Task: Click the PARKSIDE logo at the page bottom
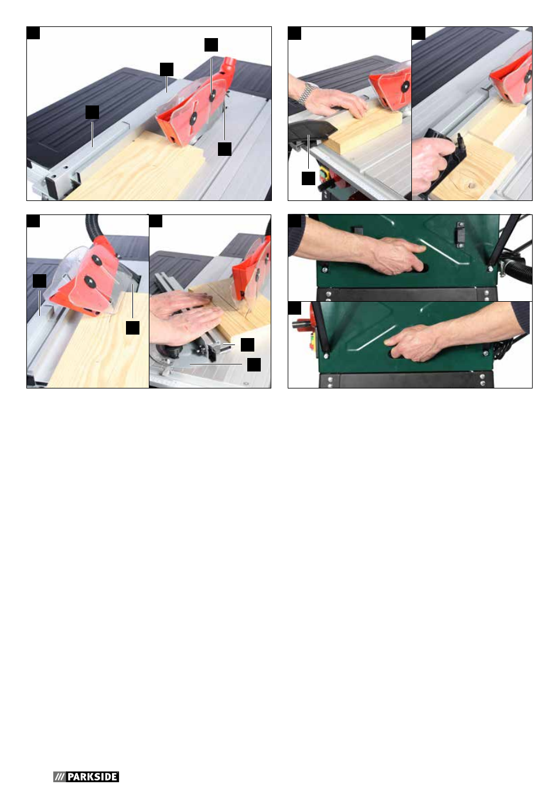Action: [86, 776]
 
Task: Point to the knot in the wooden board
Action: [470, 183]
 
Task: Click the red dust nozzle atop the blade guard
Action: [228, 65]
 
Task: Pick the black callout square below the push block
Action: [308, 179]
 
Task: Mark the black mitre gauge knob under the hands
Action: [169, 350]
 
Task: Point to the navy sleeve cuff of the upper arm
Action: [297, 237]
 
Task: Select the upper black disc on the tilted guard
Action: [97, 261]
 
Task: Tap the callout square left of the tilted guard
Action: [39, 281]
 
